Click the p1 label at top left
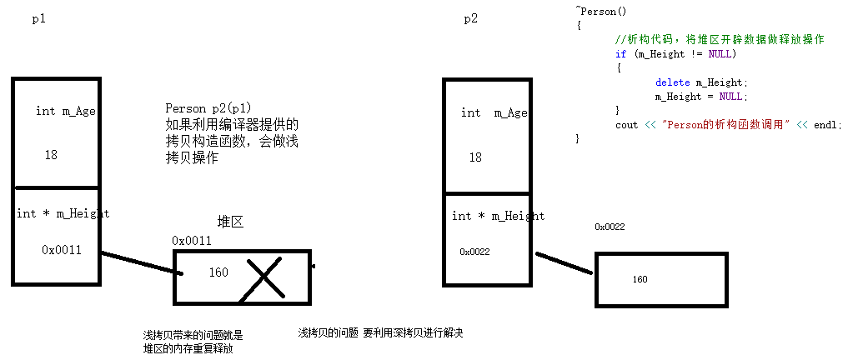[x=39, y=19]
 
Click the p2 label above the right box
[x=471, y=19]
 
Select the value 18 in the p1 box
[x=51, y=155]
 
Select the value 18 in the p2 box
[x=475, y=157]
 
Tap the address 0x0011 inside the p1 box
[x=62, y=249]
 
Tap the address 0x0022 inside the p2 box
[x=475, y=252]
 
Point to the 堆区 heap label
[x=231, y=222]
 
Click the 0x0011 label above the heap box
[x=192, y=241]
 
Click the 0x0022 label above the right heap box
[x=610, y=227]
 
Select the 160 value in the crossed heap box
[x=218, y=272]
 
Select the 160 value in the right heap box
[x=640, y=279]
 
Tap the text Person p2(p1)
[x=208, y=108]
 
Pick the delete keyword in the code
[x=672, y=82]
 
